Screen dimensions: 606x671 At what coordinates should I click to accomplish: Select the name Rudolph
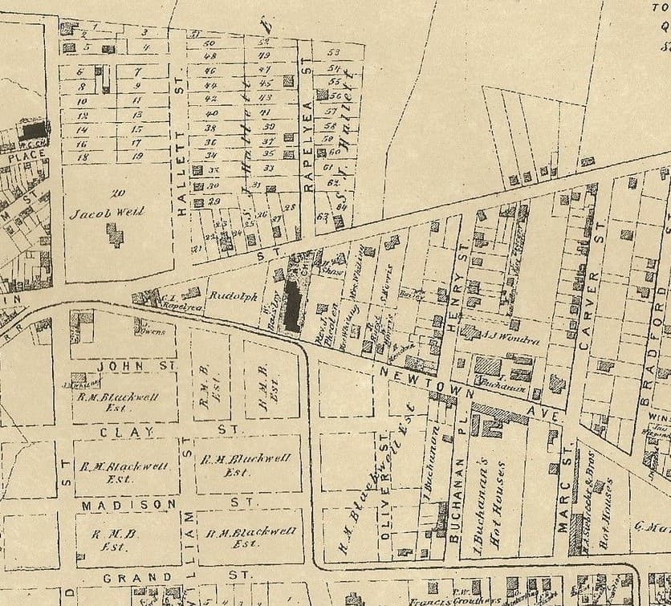point(231,295)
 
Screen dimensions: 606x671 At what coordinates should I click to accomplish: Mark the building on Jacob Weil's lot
point(116,234)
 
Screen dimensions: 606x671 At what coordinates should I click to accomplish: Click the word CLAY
point(116,432)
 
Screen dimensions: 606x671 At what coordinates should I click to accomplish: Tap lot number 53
point(335,53)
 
